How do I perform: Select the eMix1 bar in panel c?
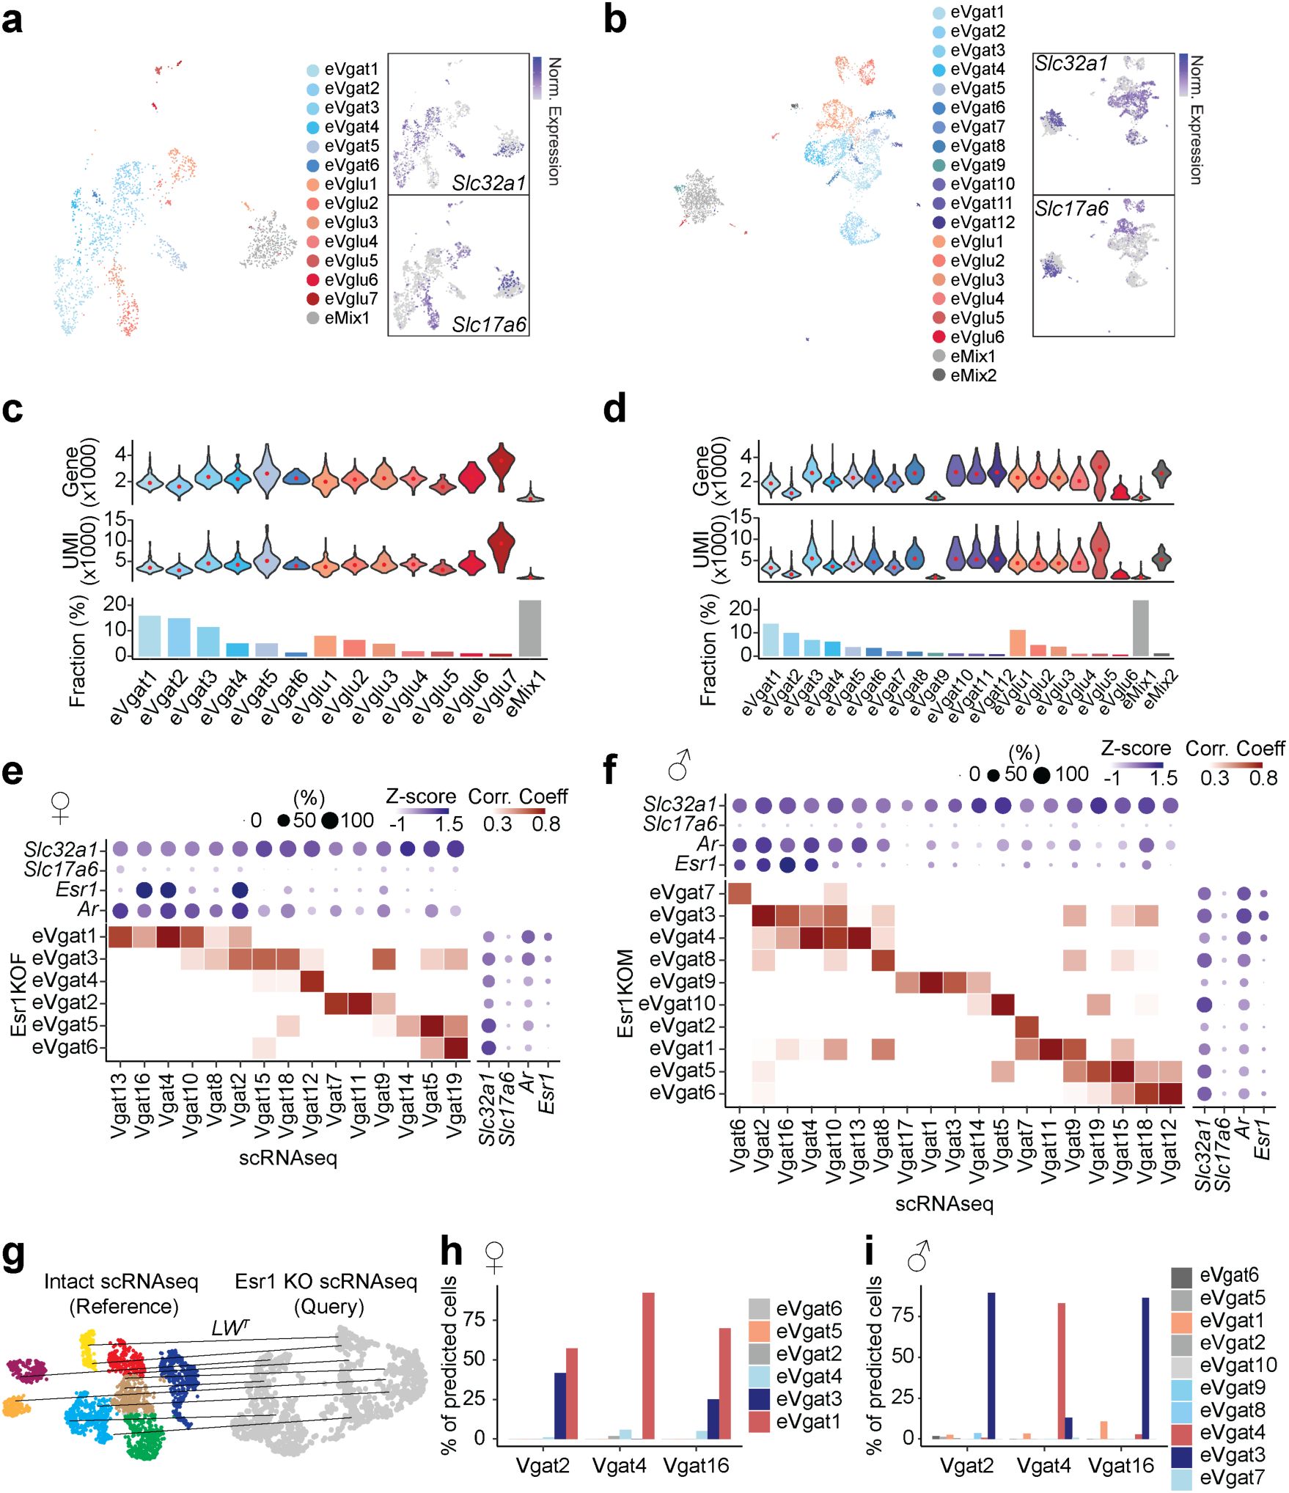[x=529, y=628]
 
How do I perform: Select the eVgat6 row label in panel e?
[x=65, y=1047]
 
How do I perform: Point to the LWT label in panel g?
[x=229, y=1328]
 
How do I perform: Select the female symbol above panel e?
[x=61, y=807]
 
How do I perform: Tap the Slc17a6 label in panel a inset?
[x=488, y=324]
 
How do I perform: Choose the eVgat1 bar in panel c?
[x=149, y=636]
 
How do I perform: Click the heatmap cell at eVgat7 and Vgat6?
[x=738, y=893]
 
